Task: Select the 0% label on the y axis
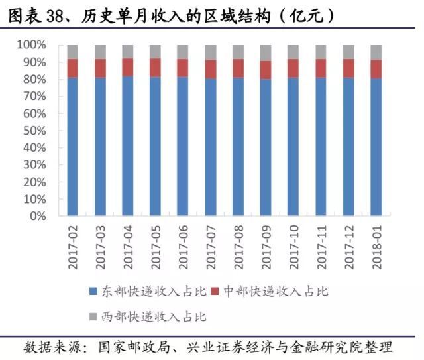37,216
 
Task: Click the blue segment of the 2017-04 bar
127,146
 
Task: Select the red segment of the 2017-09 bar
265,70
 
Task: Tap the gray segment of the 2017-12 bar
348,52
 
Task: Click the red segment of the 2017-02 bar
72,68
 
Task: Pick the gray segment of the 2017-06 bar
182,52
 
